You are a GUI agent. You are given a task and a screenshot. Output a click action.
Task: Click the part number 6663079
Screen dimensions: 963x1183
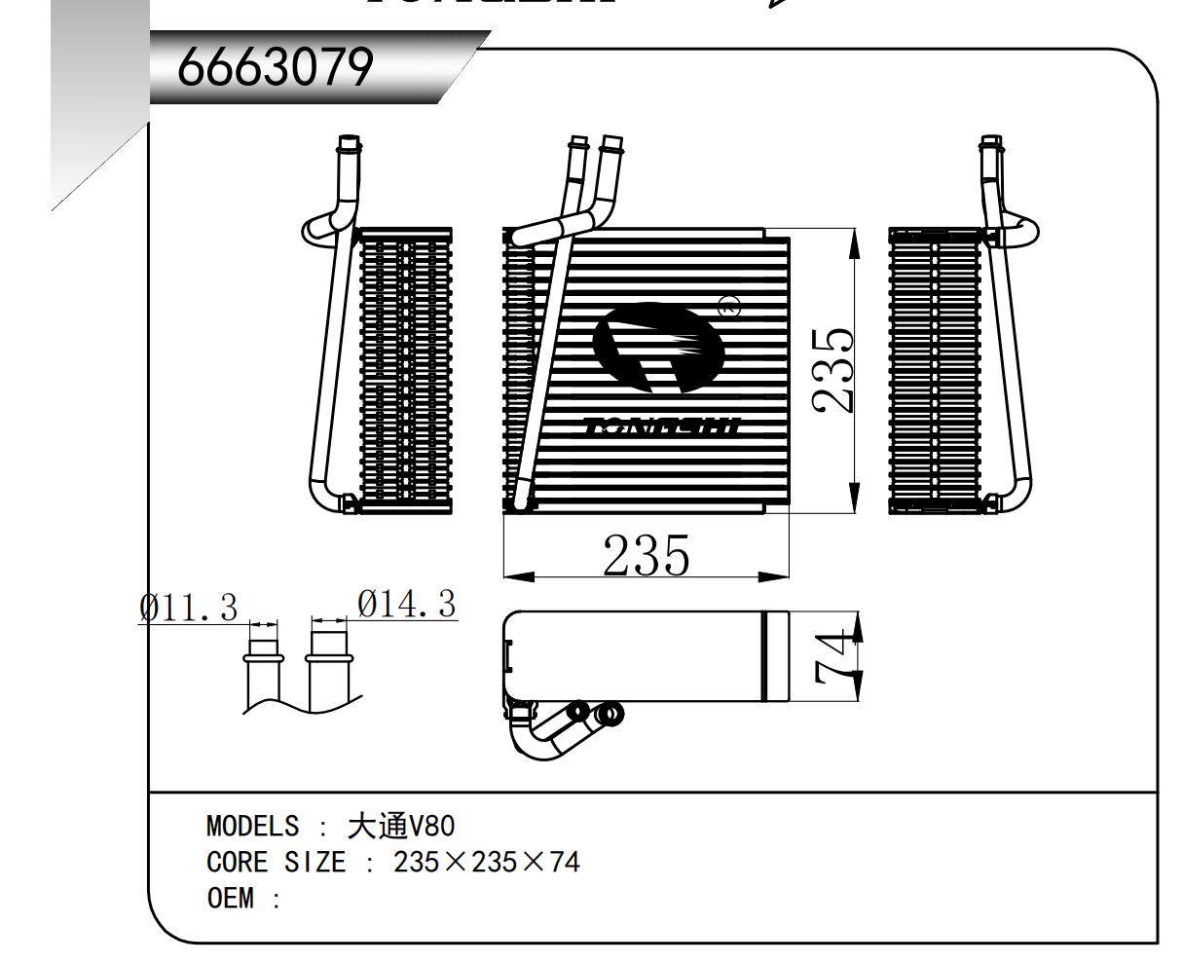(x=276, y=68)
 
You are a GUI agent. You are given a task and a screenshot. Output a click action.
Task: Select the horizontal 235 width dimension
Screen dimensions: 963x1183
(x=646, y=556)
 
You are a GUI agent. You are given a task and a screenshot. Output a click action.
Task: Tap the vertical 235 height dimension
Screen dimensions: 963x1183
(x=833, y=369)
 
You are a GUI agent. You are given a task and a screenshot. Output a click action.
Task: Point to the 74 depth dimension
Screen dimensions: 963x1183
(x=833, y=657)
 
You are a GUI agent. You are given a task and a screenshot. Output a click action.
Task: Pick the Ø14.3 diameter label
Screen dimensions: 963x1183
(x=407, y=605)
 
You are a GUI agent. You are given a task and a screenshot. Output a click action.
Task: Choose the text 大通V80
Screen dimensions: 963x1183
(x=400, y=827)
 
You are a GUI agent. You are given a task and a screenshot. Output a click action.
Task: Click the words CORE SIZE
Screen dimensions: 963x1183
(x=276, y=862)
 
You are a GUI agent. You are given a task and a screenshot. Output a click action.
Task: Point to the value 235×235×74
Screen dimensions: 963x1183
(x=486, y=862)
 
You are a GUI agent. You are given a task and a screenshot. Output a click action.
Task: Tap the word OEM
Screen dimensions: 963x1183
(x=230, y=897)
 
